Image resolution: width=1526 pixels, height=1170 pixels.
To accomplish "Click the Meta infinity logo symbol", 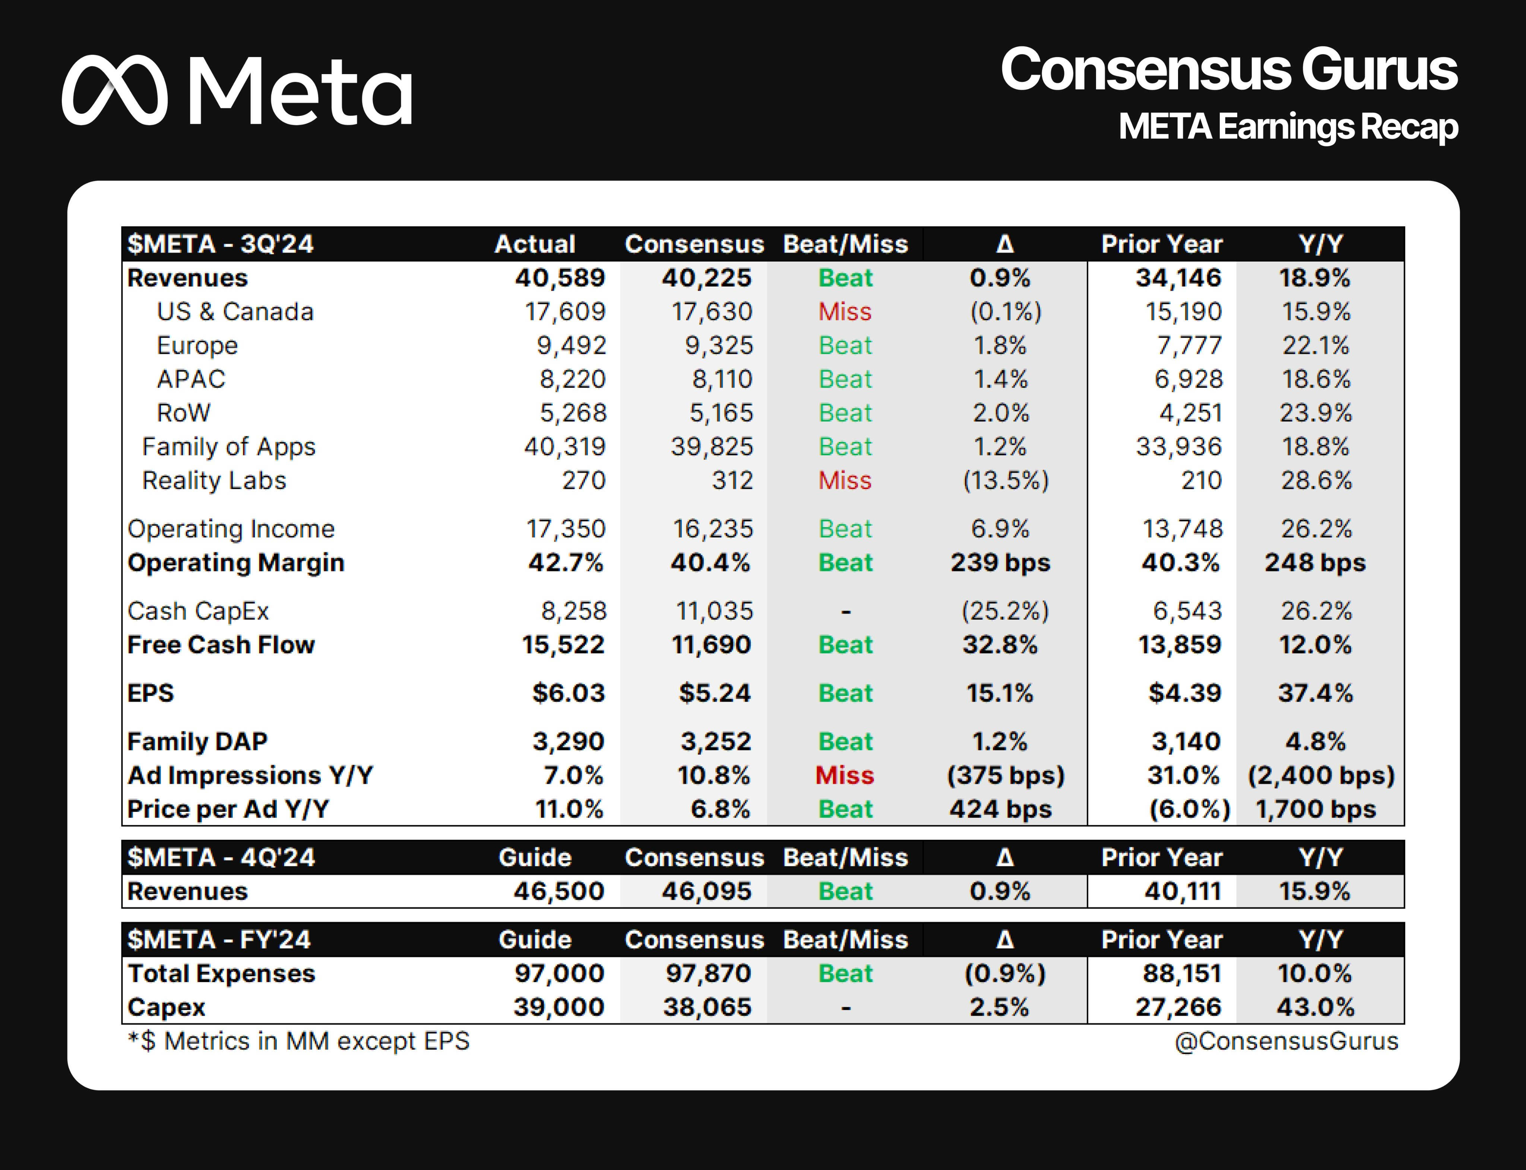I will [115, 91].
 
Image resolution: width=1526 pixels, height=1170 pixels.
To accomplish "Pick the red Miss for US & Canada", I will [845, 311].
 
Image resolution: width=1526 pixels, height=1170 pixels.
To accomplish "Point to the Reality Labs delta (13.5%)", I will [1005, 481].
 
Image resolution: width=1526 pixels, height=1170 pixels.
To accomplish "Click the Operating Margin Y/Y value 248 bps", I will [1315, 563].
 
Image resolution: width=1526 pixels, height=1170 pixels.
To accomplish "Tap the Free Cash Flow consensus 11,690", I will [711, 645].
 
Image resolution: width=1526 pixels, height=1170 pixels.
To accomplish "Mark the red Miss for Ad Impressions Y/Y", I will [845, 775].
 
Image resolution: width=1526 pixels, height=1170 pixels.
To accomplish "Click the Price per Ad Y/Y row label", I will [228, 809].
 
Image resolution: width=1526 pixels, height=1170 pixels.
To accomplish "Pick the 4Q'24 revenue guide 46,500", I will [559, 891].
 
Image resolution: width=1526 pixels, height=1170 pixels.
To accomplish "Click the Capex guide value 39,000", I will [559, 1007].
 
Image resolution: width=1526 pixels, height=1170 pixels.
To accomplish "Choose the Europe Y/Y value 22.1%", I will [1316, 345].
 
